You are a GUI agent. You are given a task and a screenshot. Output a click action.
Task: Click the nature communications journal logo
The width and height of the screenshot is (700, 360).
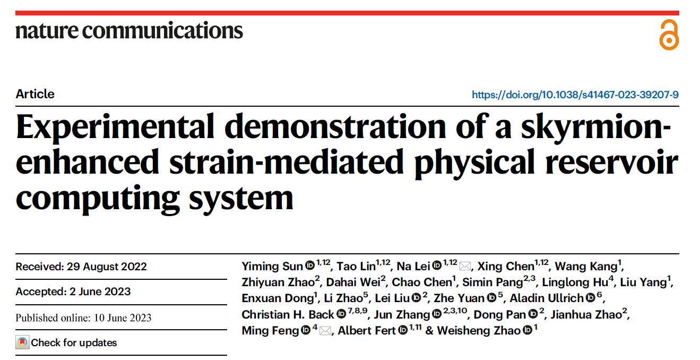pos(129,31)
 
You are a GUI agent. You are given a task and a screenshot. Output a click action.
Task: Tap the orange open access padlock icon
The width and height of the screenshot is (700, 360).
pos(669,35)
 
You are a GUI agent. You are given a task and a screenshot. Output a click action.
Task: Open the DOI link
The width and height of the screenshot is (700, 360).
pos(575,95)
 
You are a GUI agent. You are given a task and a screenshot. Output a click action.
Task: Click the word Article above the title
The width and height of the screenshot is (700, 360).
pos(35,94)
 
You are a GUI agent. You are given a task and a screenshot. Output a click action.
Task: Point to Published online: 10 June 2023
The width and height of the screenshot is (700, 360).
pos(83,318)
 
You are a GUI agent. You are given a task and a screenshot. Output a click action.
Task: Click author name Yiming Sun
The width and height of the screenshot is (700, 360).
pos(272,266)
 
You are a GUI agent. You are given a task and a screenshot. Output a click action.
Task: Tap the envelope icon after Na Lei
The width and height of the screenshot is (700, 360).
pos(465,266)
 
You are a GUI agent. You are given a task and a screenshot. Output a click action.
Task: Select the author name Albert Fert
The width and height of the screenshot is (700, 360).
pos(367,331)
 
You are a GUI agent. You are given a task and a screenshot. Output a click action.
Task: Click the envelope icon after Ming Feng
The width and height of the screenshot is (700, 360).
pos(325,331)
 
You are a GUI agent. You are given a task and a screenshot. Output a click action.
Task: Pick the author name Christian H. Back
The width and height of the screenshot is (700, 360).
pos(288,314)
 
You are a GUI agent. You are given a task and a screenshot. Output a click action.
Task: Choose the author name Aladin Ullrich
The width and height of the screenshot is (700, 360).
pos(547,298)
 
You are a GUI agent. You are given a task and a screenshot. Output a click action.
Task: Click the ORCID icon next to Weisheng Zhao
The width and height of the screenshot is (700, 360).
pos(528,331)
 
